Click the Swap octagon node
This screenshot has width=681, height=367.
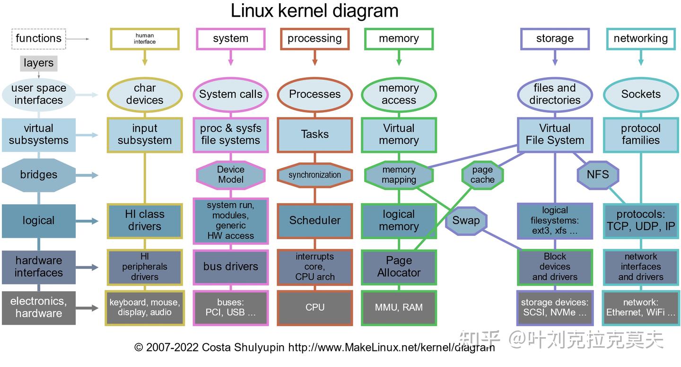pos(466,220)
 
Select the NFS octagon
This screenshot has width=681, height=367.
pos(598,175)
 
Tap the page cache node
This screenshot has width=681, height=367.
pos(482,175)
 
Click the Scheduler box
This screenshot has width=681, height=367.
pos(314,220)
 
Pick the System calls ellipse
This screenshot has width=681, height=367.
pos(230,94)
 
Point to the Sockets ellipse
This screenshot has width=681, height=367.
pos(640,94)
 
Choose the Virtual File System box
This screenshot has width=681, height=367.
pos(555,134)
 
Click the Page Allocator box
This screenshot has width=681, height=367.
pos(399,267)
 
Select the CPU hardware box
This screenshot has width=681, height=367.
pos(314,307)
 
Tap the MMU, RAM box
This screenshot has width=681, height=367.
pos(399,307)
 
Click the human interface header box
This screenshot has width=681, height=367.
pos(145,39)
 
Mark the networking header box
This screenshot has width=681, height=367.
pos(640,39)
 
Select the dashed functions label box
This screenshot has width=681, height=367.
pos(39,39)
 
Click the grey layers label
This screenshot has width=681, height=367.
pos(39,63)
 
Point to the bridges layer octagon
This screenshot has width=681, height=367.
pos(39,175)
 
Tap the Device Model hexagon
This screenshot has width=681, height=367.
pos(230,175)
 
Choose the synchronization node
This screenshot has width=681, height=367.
pos(314,175)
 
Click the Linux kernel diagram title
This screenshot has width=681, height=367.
pos(314,10)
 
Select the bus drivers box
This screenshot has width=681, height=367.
pos(230,267)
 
